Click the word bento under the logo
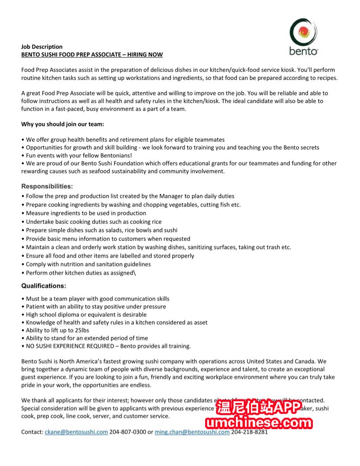point(304,51)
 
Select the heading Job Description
point(42,46)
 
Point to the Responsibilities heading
point(47,186)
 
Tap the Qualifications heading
point(44,286)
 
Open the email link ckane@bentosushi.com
point(76,432)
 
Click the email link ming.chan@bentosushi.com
point(192,432)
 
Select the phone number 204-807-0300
point(128,432)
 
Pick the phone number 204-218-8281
point(249,432)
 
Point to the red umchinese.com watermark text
point(259,423)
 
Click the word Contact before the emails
point(32,432)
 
